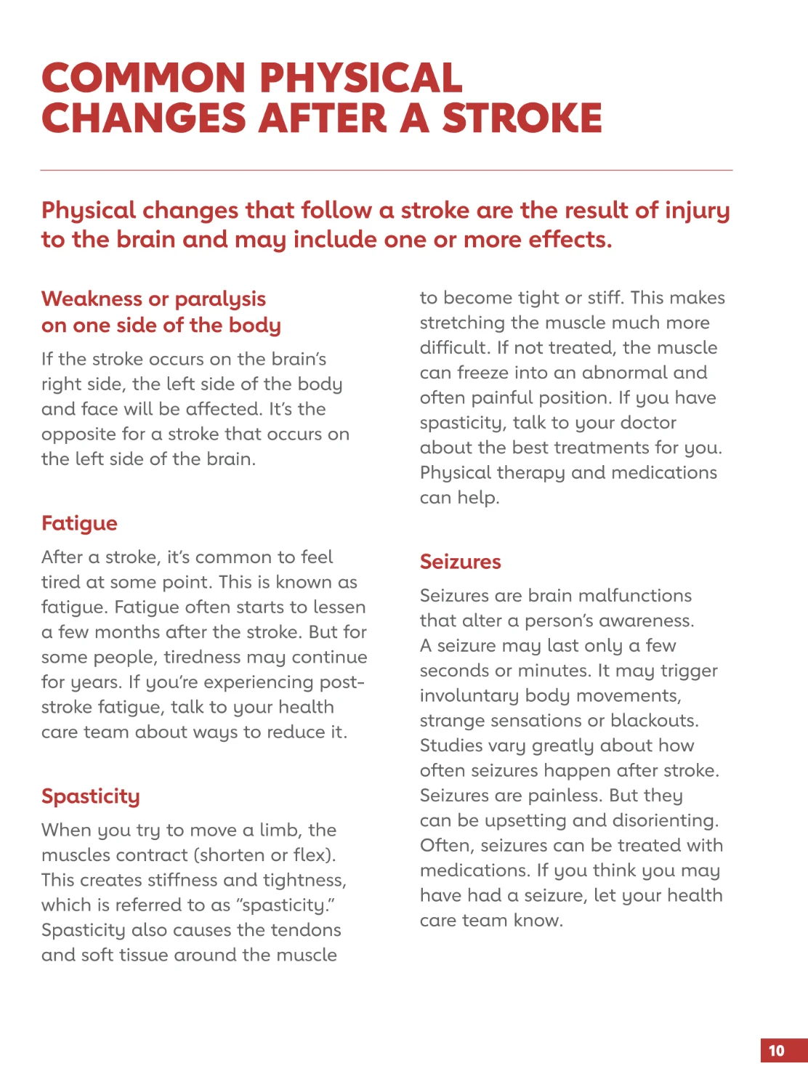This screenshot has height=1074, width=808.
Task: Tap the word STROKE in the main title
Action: [x=522, y=118]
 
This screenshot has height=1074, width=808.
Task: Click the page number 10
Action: [x=777, y=1051]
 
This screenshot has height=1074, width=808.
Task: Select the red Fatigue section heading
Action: [x=79, y=523]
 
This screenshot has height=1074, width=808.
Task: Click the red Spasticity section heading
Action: [x=91, y=796]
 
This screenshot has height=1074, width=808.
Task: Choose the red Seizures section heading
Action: [x=461, y=562]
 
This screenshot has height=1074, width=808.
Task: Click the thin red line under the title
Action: [x=386, y=170]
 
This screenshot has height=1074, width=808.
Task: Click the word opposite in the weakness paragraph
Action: [x=78, y=435]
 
